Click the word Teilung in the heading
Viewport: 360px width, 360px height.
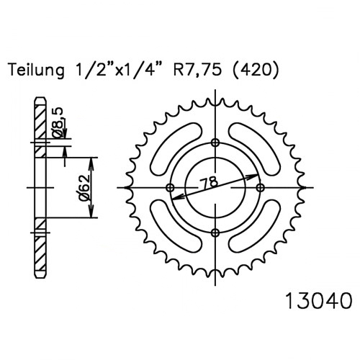pos(37,70)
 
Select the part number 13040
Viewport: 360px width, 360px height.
pos(319,301)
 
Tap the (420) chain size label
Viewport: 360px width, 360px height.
pos(256,70)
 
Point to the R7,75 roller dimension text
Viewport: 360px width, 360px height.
pos(197,71)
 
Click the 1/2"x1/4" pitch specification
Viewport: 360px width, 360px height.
pos(118,70)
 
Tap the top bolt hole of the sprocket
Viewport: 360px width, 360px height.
pos(215,143)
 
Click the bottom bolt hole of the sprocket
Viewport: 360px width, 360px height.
pos(215,232)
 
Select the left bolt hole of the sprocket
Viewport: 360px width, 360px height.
pos(171,187)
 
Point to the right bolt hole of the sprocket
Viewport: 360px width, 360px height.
pos(260,187)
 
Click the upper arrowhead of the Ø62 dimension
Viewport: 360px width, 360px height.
pos(91,163)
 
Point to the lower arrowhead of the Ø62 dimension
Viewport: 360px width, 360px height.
pos(91,212)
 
